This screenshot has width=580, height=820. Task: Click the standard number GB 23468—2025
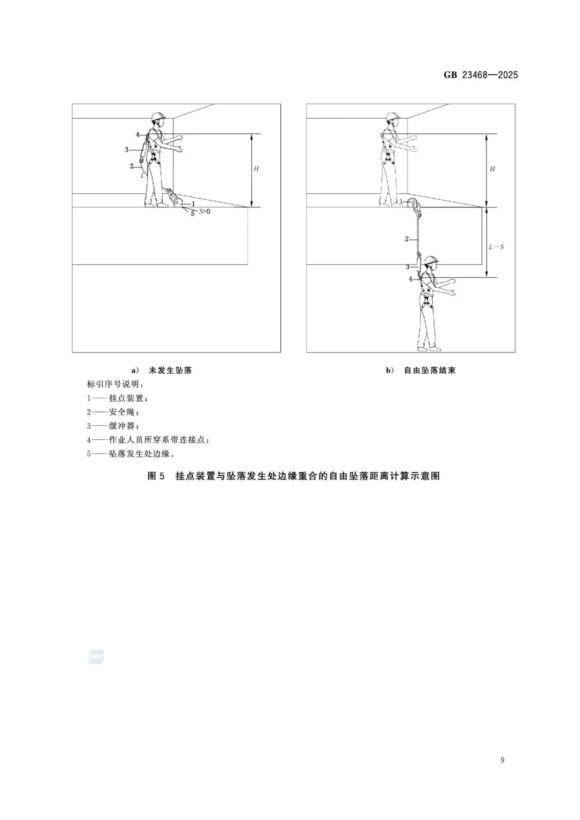(x=481, y=75)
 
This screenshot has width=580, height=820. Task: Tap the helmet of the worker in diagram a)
(x=158, y=117)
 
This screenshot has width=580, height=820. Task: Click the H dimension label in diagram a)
(x=257, y=169)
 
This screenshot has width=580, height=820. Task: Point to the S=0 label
(x=205, y=212)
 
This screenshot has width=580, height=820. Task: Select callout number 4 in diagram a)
(x=137, y=134)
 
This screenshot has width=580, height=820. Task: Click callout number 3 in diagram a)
(x=127, y=150)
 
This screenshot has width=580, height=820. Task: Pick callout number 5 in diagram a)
(x=193, y=213)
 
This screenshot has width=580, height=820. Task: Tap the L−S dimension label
(x=496, y=247)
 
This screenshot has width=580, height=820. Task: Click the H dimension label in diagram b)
(x=492, y=169)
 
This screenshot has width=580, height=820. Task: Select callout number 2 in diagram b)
(x=407, y=238)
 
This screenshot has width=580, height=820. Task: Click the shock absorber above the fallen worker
(x=419, y=265)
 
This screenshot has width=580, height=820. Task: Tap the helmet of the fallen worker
(x=431, y=260)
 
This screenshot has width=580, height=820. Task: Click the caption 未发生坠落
(x=170, y=371)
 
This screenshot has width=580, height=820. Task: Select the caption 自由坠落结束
(x=430, y=371)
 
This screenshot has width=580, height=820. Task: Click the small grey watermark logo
(x=96, y=656)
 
